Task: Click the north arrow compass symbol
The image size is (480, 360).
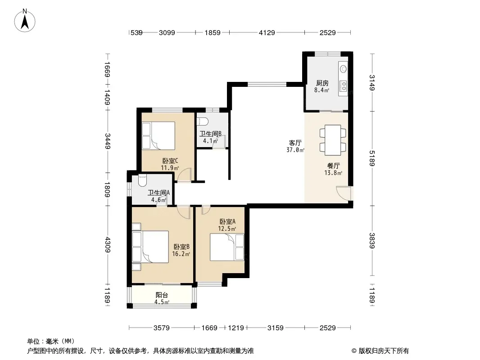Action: pyautogui.click(x=25, y=21)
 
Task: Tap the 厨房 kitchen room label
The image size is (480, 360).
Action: pyautogui.click(x=322, y=83)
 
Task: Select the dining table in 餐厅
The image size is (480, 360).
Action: pyautogui.click(x=333, y=140)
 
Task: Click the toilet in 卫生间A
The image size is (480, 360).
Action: pyautogui.click(x=142, y=180)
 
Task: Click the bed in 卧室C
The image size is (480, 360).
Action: pyautogui.click(x=158, y=135)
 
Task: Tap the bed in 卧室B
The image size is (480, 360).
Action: pyautogui.click(x=150, y=247)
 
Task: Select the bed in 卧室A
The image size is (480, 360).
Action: pyautogui.click(x=227, y=247)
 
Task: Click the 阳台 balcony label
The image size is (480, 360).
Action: pyautogui.click(x=162, y=295)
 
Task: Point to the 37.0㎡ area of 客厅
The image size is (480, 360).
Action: pyautogui.click(x=295, y=150)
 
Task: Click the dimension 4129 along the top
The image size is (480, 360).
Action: pyautogui.click(x=267, y=32)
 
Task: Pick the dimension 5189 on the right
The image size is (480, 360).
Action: pyautogui.click(x=372, y=158)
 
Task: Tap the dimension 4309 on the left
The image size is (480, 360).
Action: pyautogui.click(x=107, y=245)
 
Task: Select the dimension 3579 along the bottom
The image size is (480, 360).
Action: pyautogui.click(x=162, y=328)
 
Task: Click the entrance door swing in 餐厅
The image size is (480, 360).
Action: pyautogui.click(x=343, y=193)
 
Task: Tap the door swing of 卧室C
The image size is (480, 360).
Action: pyautogui.click(x=184, y=175)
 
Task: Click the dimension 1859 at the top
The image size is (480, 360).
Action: pyautogui.click(x=213, y=32)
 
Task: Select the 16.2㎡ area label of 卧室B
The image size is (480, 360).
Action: pyautogui.click(x=181, y=254)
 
